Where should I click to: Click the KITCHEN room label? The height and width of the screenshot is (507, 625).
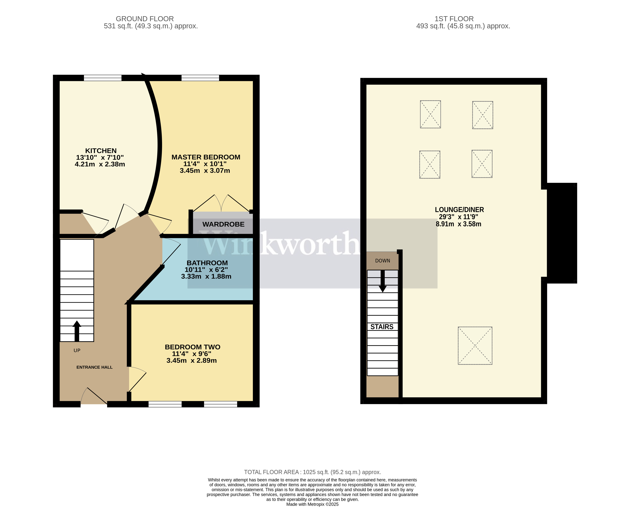pos(101,151)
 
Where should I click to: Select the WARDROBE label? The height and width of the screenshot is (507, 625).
pos(223,224)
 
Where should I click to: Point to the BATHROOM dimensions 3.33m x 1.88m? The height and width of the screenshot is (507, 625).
pos(206,276)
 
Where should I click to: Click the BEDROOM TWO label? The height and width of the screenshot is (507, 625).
pos(192,347)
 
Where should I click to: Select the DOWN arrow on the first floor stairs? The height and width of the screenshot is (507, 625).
pos(382,281)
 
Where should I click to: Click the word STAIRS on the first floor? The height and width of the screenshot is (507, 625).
pos(382,327)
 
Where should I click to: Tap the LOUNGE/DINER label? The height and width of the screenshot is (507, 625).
pos(459,210)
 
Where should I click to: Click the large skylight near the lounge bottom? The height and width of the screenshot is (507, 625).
pos(475,345)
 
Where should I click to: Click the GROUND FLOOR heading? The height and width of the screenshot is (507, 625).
pos(145,19)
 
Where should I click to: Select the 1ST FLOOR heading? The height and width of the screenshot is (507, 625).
pos(454,19)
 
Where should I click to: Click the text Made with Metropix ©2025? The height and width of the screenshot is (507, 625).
pos(312,504)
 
